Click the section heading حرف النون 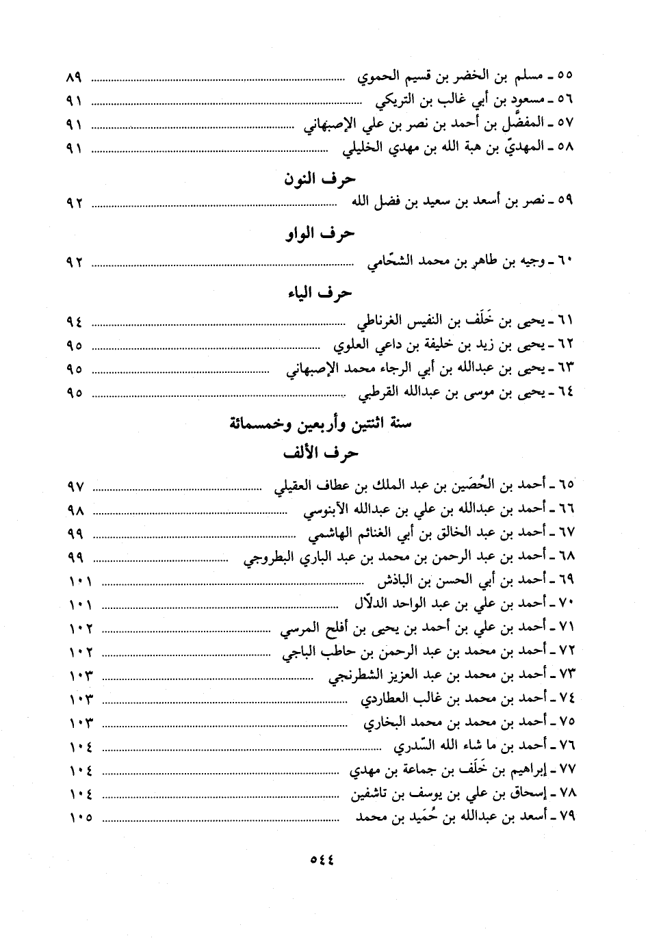click(x=320, y=180)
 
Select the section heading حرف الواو click(x=320, y=234)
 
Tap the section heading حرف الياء click(x=320, y=294)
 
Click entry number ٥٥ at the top click(x=566, y=75)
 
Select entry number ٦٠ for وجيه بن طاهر click(x=566, y=261)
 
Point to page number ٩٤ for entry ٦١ click(x=74, y=322)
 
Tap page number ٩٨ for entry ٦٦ click(x=74, y=511)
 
